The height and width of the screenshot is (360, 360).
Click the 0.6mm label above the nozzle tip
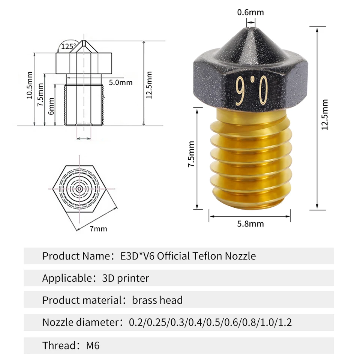tap(250, 12)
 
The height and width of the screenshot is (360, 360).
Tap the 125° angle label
tap(68, 46)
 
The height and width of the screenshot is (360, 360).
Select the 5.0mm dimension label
tap(121, 82)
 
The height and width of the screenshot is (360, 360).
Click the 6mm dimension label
tap(51, 106)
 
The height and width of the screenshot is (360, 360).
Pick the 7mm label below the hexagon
tap(98, 229)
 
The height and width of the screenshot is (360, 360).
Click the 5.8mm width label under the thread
tap(250, 223)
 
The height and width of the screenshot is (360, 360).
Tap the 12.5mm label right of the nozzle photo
tap(324, 115)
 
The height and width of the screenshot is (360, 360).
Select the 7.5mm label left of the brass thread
tap(191, 154)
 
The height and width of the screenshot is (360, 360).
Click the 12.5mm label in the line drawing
tap(149, 85)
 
